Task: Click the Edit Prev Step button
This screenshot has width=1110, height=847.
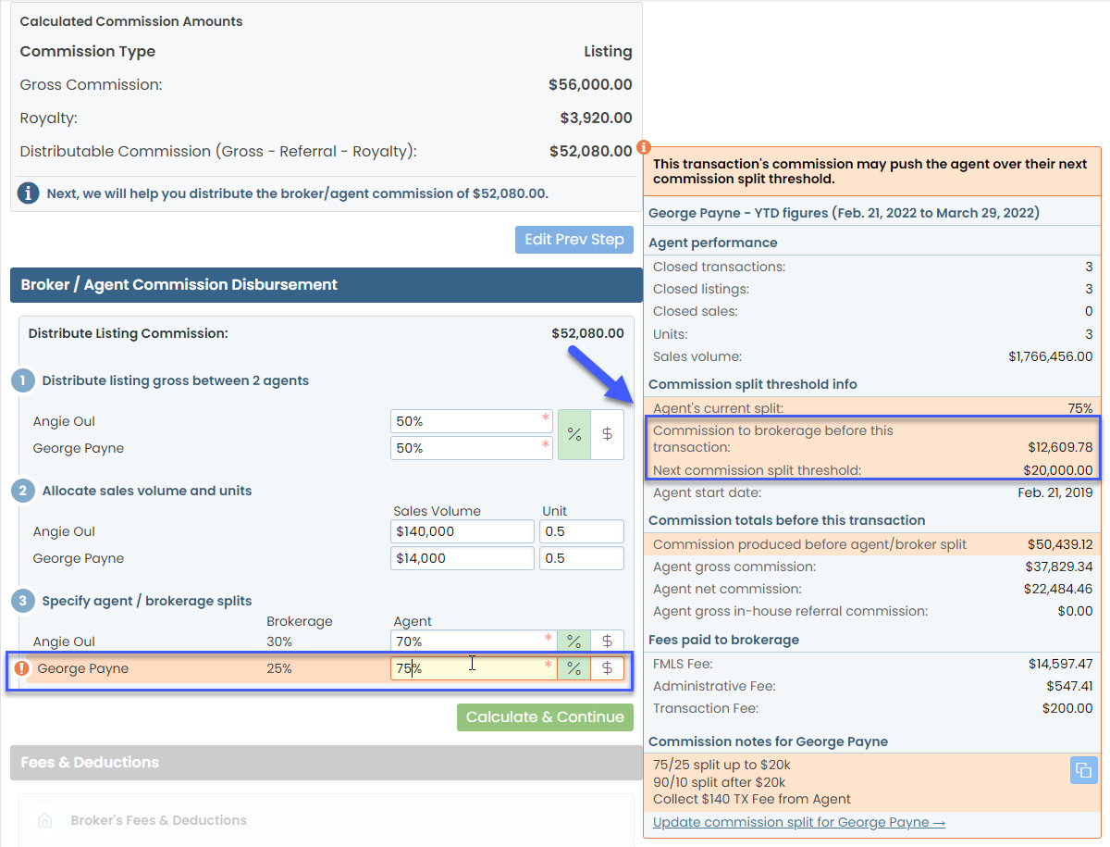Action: [574, 240]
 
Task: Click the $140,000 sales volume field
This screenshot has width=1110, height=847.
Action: [462, 531]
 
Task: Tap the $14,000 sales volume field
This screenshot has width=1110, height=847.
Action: [462, 558]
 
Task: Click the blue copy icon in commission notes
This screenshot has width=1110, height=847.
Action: [1082, 770]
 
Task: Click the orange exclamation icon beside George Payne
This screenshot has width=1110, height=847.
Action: [21, 668]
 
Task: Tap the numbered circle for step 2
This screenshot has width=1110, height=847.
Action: [23, 491]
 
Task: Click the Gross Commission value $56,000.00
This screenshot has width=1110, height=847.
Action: [590, 85]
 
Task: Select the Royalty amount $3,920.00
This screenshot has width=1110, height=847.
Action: [596, 118]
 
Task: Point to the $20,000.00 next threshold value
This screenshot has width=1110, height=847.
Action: [1057, 470]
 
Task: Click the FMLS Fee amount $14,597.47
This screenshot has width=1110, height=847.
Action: [1060, 664]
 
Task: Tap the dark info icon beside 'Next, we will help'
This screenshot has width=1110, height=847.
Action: [29, 193]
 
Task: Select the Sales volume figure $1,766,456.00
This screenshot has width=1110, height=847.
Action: [1050, 356]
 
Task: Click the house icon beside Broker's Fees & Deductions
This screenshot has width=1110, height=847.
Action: [43, 820]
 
